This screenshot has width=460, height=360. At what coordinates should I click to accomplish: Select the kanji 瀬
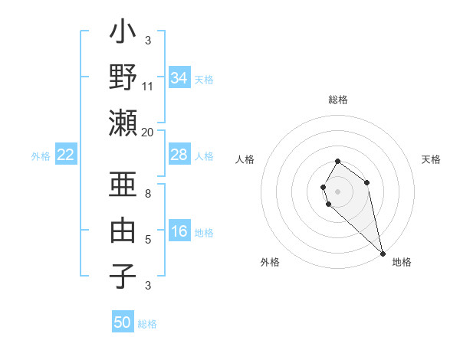pyautogui.click(x=123, y=123)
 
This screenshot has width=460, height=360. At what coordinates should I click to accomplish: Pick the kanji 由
pyautogui.click(x=123, y=230)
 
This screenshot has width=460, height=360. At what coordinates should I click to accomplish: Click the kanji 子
pyautogui.click(x=123, y=276)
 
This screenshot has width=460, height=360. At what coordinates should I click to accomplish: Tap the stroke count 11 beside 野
pyautogui.click(x=148, y=86)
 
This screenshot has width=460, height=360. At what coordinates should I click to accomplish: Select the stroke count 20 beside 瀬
pyautogui.click(x=148, y=132)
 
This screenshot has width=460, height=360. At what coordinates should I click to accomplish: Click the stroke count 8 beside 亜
pyautogui.click(x=148, y=194)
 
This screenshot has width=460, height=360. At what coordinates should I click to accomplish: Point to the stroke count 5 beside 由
pyautogui.click(x=148, y=240)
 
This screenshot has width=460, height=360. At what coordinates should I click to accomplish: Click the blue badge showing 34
pyautogui.click(x=179, y=78)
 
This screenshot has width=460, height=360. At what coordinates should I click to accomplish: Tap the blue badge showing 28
pyautogui.click(x=179, y=155)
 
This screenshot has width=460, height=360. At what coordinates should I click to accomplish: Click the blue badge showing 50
pyautogui.click(x=123, y=322)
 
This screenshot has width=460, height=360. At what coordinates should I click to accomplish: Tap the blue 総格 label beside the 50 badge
pyautogui.click(x=147, y=324)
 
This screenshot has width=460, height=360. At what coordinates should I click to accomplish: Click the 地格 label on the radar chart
pyautogui.click(x=402, y=262)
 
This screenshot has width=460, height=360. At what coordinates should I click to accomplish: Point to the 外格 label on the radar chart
pyautogui.click(x=270, y=262)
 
